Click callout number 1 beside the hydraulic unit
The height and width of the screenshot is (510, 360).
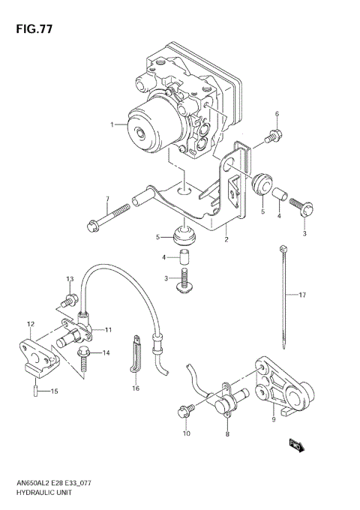112,124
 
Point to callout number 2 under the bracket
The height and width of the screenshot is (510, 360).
225,240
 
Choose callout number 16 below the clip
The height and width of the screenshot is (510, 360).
136,388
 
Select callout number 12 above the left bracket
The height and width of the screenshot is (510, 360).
31,324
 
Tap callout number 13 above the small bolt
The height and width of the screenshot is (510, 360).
70,279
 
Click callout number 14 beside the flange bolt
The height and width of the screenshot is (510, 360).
106,352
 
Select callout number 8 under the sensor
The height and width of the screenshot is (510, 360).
228,433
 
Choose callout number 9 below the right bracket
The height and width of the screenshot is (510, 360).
274,419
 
